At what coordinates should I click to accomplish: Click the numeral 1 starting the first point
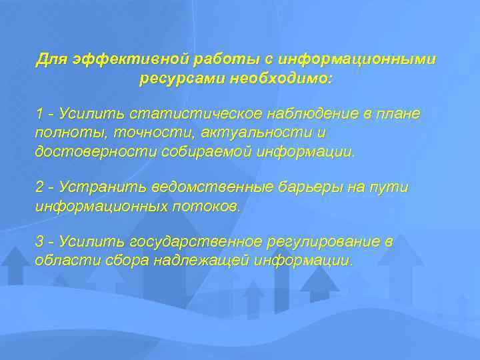click(40, 114)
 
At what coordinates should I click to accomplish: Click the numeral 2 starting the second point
click(40, 187)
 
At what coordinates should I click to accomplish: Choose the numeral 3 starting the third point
click(40, 241)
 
